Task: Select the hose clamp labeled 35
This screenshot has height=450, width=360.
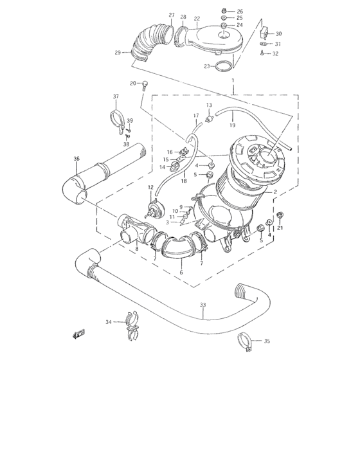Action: pos(246,342)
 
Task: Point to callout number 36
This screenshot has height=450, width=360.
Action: pos(76,159)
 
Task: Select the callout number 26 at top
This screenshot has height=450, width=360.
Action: pos(240,12)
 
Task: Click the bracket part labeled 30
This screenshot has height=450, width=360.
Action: pos(264,33)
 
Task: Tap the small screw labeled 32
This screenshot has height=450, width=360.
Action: pos(262,54)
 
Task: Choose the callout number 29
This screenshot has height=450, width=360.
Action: pos(118,53)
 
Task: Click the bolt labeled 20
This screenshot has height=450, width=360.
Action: pos(146,84)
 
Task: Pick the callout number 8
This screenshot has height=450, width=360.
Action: pos(136,249)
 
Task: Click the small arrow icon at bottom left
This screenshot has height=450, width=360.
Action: pos(79,334)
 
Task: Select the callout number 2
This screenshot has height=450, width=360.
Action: pos(276,192)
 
